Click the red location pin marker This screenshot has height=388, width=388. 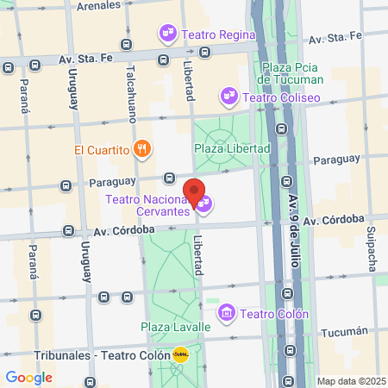[194, 192]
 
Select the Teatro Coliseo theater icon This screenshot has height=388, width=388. [228, 97]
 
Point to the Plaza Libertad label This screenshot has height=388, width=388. [233, 148]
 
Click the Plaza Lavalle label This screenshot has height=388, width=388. [176, 328]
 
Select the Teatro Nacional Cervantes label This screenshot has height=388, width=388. [147, 205]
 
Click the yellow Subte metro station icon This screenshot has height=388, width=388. [181, 354]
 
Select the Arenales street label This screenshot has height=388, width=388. [98, 6]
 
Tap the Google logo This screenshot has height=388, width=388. [29, 378]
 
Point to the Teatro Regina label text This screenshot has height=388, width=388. [219, 34]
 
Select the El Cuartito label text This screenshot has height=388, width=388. [101, 149]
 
